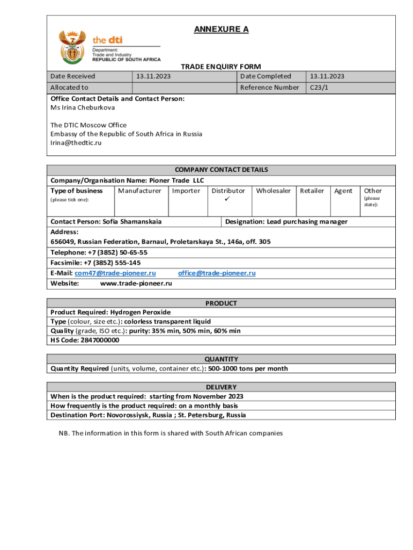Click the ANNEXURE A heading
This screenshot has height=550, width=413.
coord(221,30)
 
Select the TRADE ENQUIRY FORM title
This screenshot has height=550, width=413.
coord(220,67)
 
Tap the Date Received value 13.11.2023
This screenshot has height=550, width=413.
coord(153,76)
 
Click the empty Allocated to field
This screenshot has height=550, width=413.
coord(184,88)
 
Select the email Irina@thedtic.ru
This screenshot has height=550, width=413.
coord(76,143)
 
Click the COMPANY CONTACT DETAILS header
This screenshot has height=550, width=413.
coord(221,170)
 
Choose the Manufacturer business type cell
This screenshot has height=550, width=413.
coord(139,191)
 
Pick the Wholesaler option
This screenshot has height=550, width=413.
coord(274,191)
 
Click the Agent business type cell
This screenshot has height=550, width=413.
coord(343,191)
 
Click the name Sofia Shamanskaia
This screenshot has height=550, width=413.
coord(132,222)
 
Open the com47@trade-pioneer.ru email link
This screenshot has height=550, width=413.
coord(115,273)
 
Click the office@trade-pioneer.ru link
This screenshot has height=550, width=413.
coord(217,273)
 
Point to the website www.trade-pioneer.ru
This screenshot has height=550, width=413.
coord(136,284)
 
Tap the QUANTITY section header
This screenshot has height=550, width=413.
coord(221,359)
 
